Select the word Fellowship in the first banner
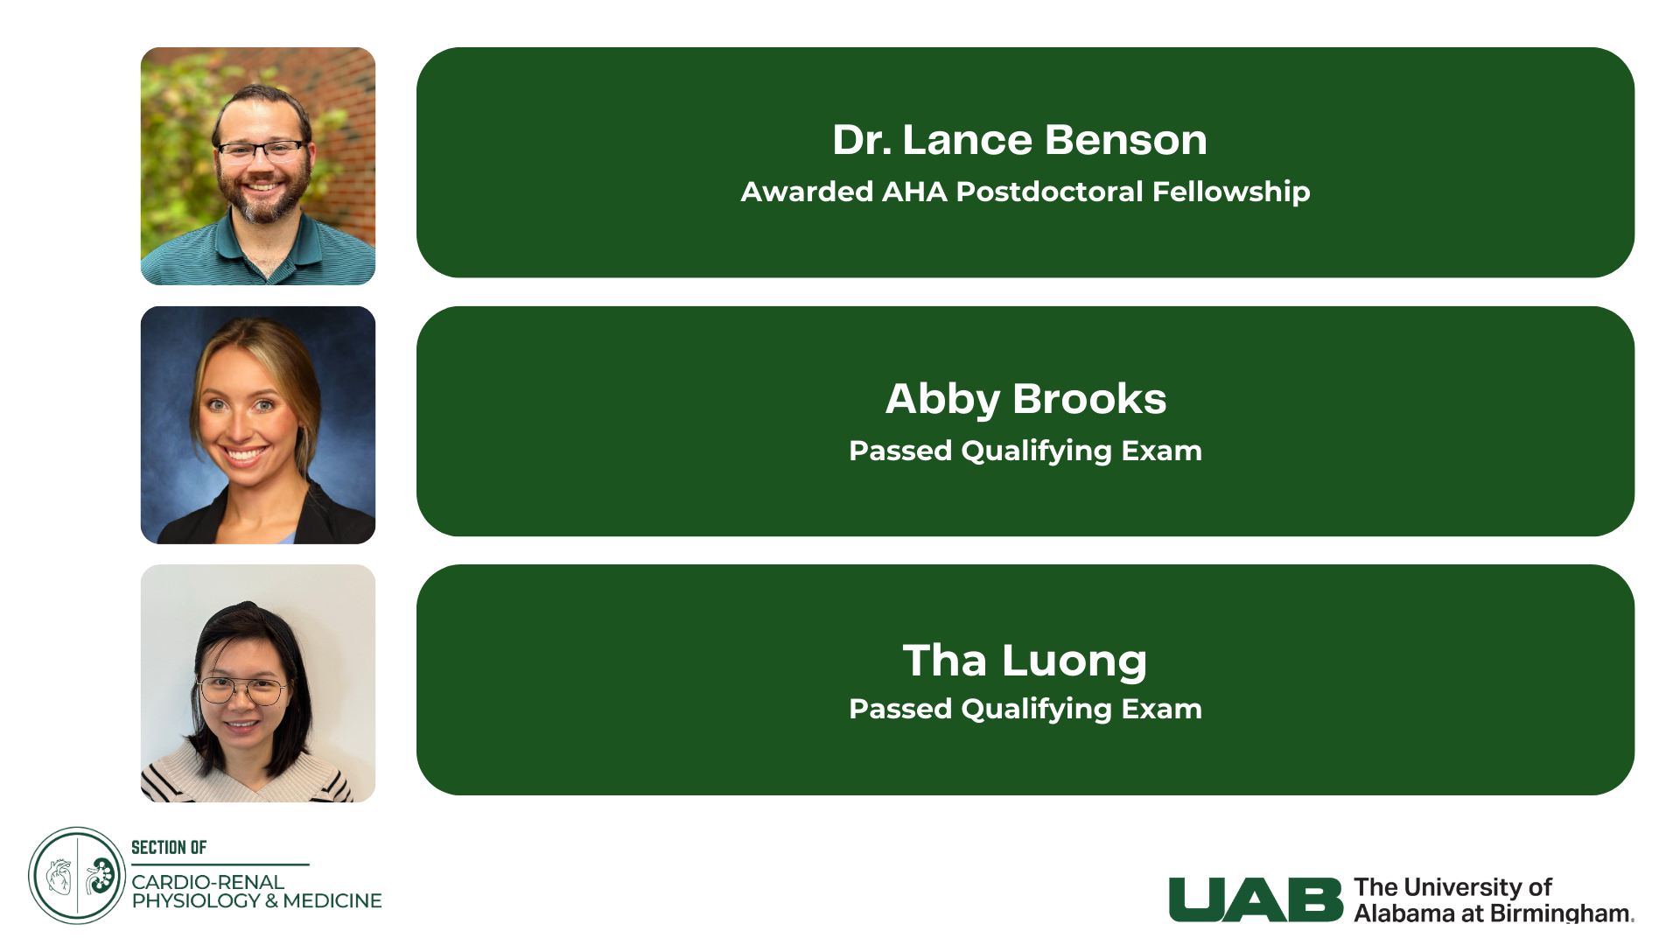pyautogui.click(x=1231, y=192)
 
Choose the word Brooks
pyautogui.click(x=1089, y=399)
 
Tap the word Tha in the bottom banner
pyautogui.click(x=945, y=660)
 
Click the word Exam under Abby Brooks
pyautogui.click(x=1162, y=451)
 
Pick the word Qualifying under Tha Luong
pyautogui.click(x=1037, y=710)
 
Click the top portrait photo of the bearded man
pyautogui.click(x=258, y=166)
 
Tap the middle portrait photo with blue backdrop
pyautogui.click(x=258, y=425)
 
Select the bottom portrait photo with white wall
pyautogui.click(x=258, y=683)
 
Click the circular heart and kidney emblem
pyautogui.click(x=77, y=876)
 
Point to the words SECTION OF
pyautogui.click(x=169, y=847)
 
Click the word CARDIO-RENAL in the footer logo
pyautogui.click(x=208, y=882)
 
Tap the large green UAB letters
pyautogui.click(x=1256, y=899)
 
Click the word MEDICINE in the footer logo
pyautogui.click(x=332, y=901)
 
